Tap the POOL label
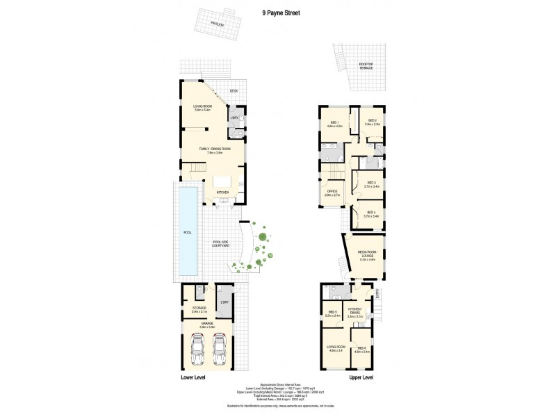click(x=187, y=233)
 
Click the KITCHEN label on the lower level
click(x=222, y=193)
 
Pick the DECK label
click(x=234, y=91)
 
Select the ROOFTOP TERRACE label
click(x=366, y=66)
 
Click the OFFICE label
click(x=332, y=193)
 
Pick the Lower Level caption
click(x=194, y=377)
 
